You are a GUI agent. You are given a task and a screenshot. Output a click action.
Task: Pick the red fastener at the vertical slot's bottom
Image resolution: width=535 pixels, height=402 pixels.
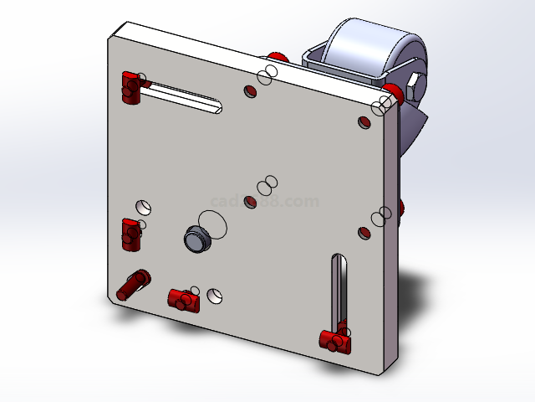334,340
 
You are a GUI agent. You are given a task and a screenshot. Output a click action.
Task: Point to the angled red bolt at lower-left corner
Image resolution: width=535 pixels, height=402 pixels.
134,285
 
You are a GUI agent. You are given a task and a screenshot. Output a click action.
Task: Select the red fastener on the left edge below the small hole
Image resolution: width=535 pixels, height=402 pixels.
130,234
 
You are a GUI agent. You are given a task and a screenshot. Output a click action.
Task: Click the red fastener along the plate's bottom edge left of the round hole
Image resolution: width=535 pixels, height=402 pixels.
183,297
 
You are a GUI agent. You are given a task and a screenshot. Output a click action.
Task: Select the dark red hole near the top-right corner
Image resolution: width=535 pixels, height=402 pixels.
363,122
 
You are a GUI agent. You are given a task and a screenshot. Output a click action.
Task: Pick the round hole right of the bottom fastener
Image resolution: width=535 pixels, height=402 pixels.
217,296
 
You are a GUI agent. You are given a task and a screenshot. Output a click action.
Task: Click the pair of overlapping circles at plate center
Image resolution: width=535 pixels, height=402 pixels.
266,185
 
